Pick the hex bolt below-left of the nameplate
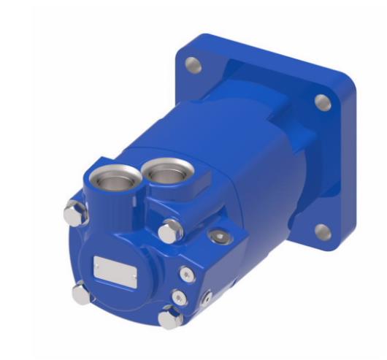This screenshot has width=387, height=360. point(82,293)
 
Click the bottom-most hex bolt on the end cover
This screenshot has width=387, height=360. point(170,316)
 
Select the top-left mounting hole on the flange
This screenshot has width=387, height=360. point(193,66)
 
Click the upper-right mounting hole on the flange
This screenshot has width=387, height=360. point(319,102)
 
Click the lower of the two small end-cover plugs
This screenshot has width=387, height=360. point(180,296)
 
